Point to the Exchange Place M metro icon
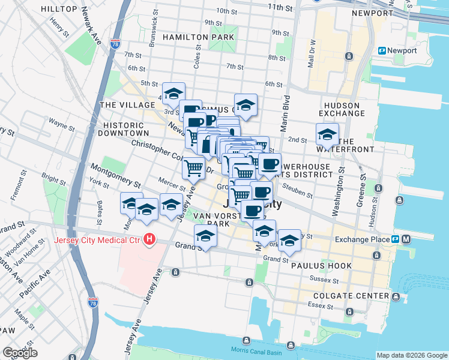pyautogui.click(x=406, y=239)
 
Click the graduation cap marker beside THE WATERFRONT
pyautogui.click(x=327, y=134)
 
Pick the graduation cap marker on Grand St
pyautogui.click(x=205, y=236)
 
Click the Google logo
pyautogui.click(x=20, y=353)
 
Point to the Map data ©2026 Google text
pyautogui.click(x=412, y=355)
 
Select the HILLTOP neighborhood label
pyautogui.click(x=60, y=9)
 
